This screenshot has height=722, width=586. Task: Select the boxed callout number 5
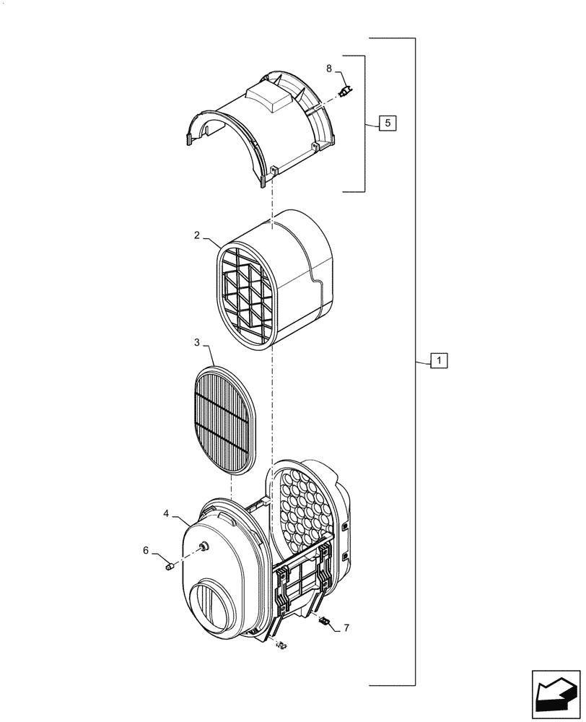[x=388, y=123]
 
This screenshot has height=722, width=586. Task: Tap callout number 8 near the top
[x=329, y=69]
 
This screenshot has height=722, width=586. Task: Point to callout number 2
[x=196, y=235]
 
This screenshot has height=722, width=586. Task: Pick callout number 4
[x=166, y=513]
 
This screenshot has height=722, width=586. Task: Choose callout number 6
[x=146, y=550]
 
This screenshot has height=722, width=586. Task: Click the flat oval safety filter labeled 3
[x=224, y=419]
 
